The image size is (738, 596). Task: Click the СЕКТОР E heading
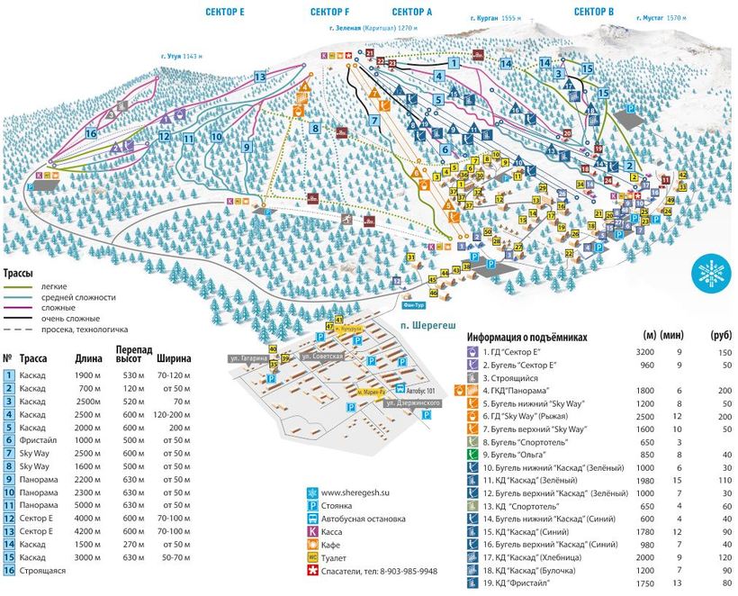[x=224, y=12]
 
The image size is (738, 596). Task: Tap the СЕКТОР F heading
[x=329, y=12]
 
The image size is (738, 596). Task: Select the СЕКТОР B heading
[x=594, y=12]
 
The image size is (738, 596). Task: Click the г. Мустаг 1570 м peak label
[x=664, y=17]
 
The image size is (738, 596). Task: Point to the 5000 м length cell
[x=84, y=505]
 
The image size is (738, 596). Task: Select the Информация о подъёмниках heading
[x=526, y=338]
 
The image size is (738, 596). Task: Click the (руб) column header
[x=718, y=337]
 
